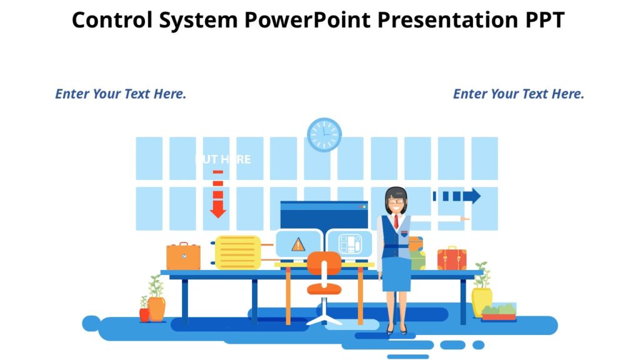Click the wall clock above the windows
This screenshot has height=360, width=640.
(324, 135)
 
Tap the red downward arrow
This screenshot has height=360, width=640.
(217, 200)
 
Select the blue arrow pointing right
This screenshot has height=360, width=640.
(460, 196)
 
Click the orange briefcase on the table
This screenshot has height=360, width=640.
(183, 257)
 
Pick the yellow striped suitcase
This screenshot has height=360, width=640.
(237, 252)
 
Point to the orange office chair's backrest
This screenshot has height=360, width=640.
(324, 263)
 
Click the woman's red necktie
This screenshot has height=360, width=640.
(396, 221)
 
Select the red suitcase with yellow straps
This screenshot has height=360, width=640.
(451, 259)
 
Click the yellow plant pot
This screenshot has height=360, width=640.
(482, 301)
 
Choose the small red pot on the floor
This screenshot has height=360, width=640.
(144, 314)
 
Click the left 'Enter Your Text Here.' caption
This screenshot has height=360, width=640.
(121, 94)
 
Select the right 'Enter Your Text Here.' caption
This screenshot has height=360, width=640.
(518, 94)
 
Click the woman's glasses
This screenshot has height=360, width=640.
(396, 201)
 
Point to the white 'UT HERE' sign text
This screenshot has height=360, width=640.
(224, 159)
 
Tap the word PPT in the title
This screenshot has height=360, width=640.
(541, 21)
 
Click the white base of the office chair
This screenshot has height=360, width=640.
(324, 319)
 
